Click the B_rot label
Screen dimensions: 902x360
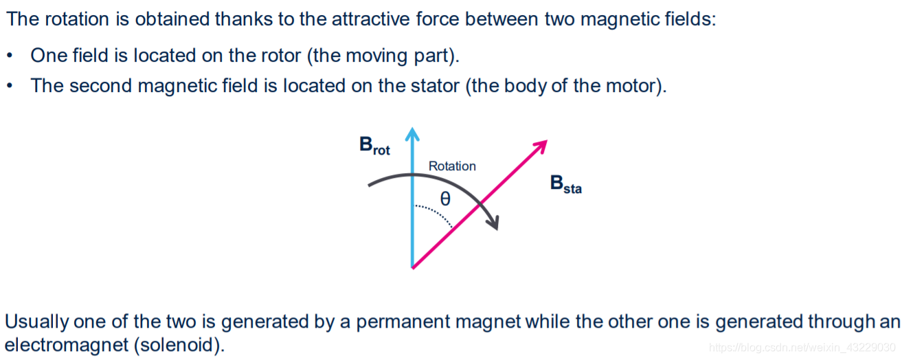coord(374,146)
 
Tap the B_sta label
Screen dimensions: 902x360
coord(565,184)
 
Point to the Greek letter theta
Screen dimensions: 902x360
coord(445,199)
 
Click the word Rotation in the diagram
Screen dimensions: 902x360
coord(452,166)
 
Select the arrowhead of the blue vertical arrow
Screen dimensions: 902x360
coord(411,133)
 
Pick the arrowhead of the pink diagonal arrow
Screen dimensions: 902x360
coord(540,146)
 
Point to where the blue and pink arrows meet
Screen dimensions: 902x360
coord(411,267)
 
